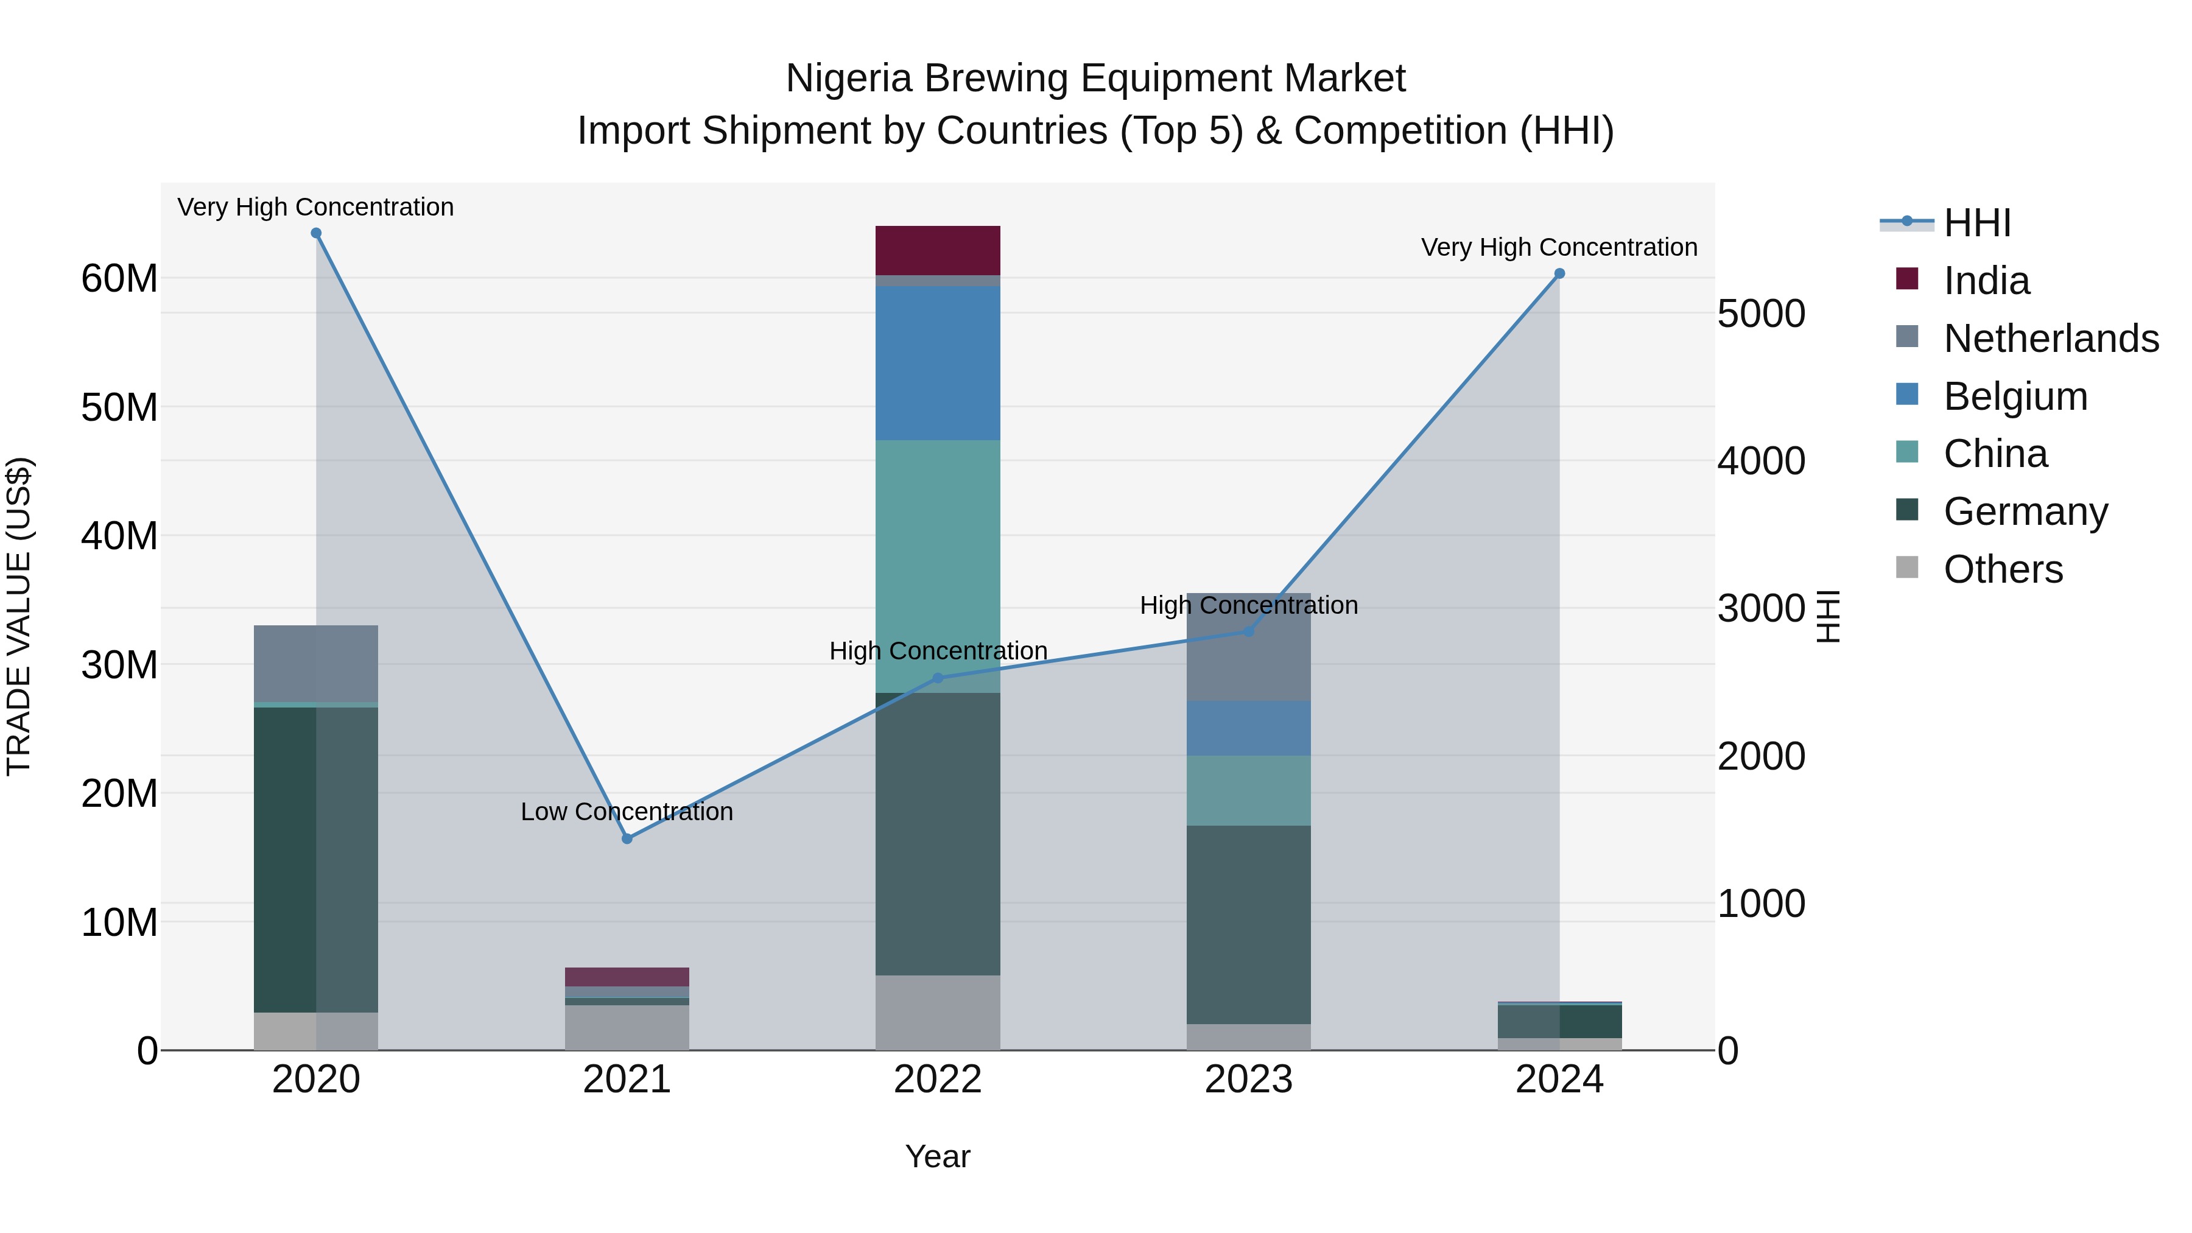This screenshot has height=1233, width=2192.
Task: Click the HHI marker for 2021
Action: (627, 838)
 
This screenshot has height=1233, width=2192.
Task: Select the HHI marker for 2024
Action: (1559, 273)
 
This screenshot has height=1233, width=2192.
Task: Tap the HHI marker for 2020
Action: (315, 233)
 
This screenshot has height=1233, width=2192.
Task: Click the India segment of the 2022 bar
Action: (938, 250)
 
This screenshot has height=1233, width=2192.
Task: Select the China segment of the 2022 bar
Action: (938, 566)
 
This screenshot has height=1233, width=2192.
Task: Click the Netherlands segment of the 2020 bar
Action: (315, 663)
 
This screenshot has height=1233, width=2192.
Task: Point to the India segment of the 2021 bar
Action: (627, 976)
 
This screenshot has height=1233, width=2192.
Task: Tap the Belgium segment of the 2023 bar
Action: (1248, 728)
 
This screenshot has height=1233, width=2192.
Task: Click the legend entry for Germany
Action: (2025, 511)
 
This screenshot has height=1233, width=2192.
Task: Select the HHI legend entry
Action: (1976, 223)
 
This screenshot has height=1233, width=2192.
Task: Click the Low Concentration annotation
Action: (627, 812)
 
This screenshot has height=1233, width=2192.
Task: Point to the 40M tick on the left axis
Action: (119, 536)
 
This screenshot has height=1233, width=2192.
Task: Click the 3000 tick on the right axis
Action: (1760, 608)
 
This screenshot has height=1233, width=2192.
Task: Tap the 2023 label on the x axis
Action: (1248, 1080)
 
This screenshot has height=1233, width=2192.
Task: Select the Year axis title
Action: (938, 1156)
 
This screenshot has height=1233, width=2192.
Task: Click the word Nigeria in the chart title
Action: (849, 79)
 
